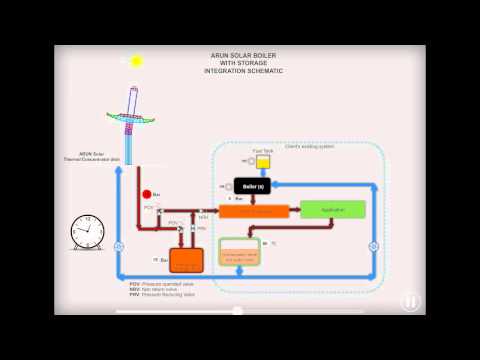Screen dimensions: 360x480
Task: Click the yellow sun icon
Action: (136, 62)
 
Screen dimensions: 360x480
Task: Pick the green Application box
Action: (333, 210)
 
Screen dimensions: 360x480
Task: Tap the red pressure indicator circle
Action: (146, 193)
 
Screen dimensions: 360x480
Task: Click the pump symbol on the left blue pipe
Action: (119, 247)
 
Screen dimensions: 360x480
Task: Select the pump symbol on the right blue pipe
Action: (373, 247)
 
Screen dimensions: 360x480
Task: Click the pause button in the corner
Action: (411, 301)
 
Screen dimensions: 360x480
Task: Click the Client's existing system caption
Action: (305, 148)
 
